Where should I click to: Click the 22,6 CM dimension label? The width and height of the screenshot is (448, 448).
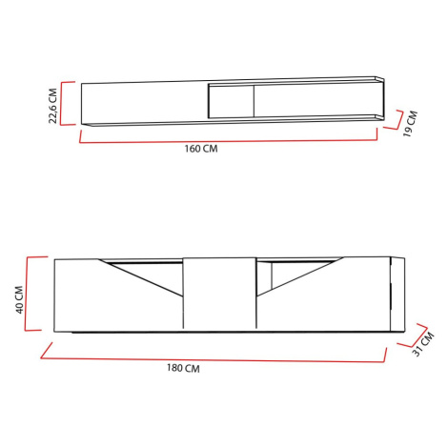[x=52, y=106]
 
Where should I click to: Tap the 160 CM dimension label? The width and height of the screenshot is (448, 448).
[x=201, y=149]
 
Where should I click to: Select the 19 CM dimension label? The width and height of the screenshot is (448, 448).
[x=410, y=124]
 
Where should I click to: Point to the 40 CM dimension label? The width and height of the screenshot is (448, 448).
[x=19, y=299]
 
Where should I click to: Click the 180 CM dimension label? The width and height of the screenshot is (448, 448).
[x=183, y=368]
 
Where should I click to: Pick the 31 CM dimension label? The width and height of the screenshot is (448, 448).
[x=423, y=344]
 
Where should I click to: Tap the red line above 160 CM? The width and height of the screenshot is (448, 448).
[x=228, y=141]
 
